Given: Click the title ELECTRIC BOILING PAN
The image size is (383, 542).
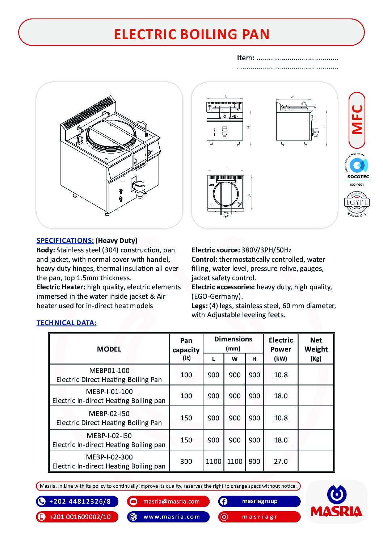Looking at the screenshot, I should pos(191,34).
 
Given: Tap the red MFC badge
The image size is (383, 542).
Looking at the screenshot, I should pos(357,120).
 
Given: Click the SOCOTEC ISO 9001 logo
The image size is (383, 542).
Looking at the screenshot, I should pos(357,170).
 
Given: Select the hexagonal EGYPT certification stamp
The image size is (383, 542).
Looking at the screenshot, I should pos(357,203).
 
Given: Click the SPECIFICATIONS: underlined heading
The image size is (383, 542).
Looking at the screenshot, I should pos(65,241).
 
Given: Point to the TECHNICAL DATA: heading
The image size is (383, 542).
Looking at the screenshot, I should pos(66,323).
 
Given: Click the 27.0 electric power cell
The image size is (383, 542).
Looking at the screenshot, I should pos(281,461).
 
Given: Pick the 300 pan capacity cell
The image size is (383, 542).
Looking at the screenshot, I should pos(186,461).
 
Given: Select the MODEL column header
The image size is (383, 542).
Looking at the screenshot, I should pos(109,349).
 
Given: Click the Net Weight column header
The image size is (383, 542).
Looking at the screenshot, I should pos(316,349).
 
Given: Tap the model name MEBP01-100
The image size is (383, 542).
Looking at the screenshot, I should pos(109,370).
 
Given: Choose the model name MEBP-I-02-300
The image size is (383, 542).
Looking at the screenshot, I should pos(109,457).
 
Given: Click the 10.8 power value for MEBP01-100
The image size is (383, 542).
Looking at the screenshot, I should pos(281,375).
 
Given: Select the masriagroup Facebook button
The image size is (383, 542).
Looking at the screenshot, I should pos(259,501).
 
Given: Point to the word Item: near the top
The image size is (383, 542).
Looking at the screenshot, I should pos(245,58).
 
